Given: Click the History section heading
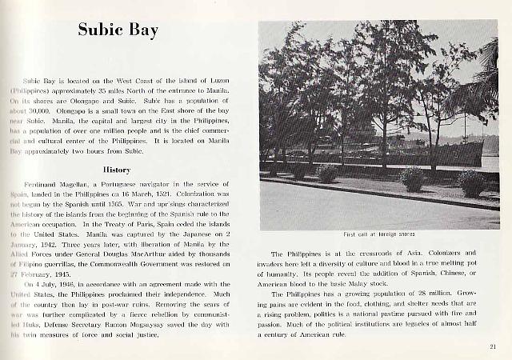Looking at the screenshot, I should [x=117, y=170].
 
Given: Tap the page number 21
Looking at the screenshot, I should [x=492, y=346].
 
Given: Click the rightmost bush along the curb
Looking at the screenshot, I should [x=471, y=182].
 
